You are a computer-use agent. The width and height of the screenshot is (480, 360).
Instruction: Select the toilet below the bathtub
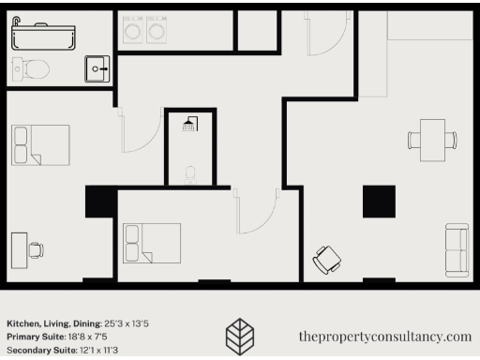[32, 68]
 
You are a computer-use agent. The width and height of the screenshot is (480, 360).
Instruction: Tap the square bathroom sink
[97, 67]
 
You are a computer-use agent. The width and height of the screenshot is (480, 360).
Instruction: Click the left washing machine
[134, 31]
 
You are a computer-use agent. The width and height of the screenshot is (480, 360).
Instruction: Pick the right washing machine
[157, 31]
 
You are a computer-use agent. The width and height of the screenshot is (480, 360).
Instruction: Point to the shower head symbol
[189, 124]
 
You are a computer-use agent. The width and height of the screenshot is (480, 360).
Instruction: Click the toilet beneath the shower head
[190, 173]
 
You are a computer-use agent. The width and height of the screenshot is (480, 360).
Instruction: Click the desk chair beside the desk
[36, 250]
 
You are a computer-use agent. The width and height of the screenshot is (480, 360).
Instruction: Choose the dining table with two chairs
[432, 140]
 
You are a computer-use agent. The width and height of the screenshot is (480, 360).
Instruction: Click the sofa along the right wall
[457, 249]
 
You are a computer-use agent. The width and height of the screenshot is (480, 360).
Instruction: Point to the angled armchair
[327, 259]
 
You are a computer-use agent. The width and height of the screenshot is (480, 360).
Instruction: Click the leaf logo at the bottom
[241, 335]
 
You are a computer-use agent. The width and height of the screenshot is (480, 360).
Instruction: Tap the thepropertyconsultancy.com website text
[384, 336]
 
